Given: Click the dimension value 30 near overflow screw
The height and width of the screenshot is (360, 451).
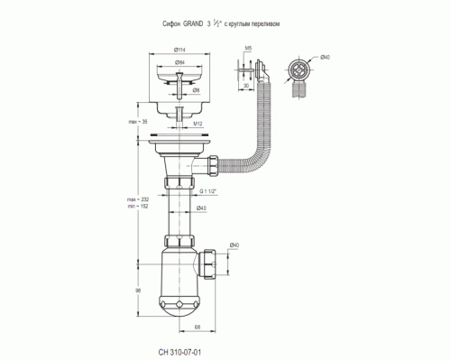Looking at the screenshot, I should (x=246, y=87).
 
